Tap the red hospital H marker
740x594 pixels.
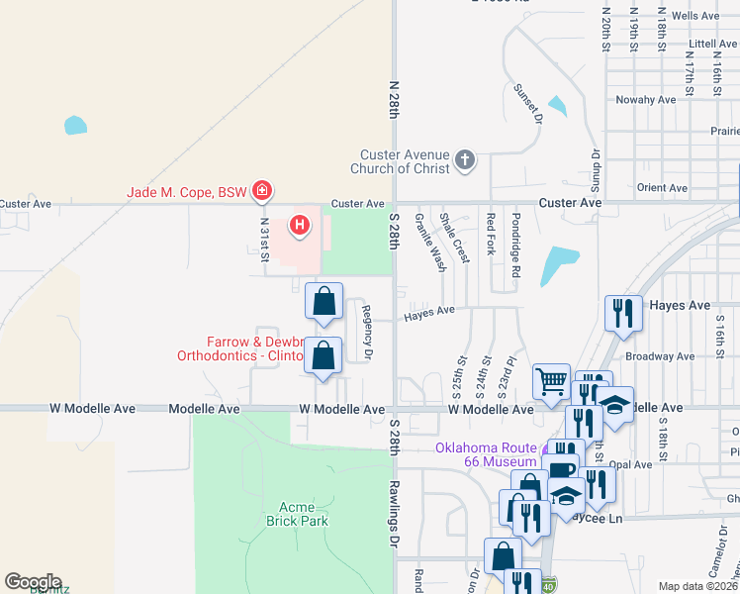300,227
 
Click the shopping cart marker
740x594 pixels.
551,379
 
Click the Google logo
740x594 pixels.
32,581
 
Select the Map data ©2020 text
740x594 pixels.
698,586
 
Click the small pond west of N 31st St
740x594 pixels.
75,126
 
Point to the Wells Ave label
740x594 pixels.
695,16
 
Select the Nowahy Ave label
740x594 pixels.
645,100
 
